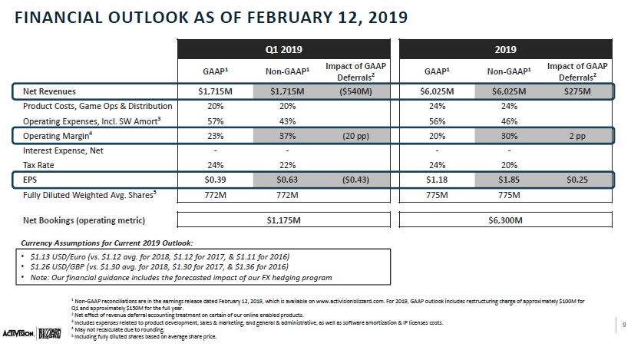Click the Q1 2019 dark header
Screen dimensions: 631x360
[x=284, y=49]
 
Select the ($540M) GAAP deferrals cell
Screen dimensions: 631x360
[x=355, y=91]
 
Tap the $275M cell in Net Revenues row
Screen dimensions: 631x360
[x=577, y=91]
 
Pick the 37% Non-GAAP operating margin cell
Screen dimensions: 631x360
[x=287, y=136]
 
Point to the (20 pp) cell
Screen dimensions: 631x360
[x=355, y=136]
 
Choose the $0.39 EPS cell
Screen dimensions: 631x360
[x=215, y=180]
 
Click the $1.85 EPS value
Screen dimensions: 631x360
[x=509, y=180]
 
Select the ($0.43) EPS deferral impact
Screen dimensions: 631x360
[x=355, y=180]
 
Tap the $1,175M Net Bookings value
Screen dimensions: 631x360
[x=284, y=220]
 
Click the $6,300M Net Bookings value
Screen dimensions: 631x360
[x=505, y=220]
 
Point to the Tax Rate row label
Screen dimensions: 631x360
[x=38, y=165]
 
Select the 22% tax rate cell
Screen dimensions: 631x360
[x=287, y=165]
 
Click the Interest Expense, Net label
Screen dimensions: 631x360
[x=63, y=151]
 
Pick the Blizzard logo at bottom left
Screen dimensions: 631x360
[x=49, y=333]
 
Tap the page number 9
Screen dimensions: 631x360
[x=624, y=325]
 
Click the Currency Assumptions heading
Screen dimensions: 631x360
[x=107, y=243]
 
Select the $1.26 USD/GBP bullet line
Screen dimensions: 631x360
[x=160, y=266]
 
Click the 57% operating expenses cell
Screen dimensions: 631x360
[x=215, y=121]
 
